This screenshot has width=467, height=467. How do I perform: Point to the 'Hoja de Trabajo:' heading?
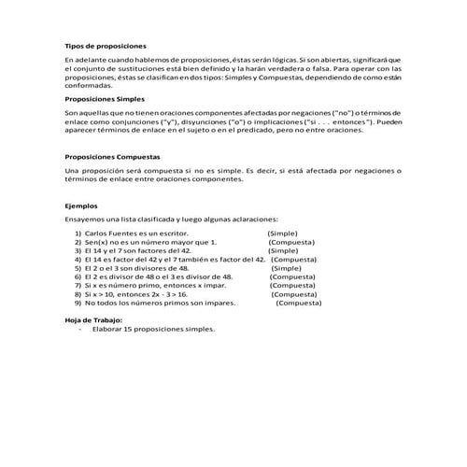(93, 320)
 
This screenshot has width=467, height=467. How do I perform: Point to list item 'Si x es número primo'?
(141, 286)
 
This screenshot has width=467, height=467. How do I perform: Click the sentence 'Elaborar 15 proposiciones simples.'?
(154, 330)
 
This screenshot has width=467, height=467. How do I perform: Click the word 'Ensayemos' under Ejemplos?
(85, 218)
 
